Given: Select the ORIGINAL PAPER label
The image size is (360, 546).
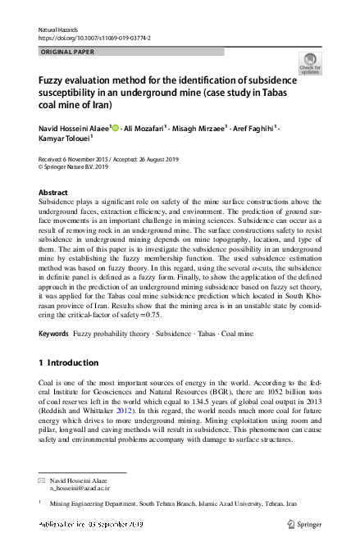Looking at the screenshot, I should (67, 51).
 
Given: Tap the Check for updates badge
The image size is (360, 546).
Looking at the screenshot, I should (311, 64).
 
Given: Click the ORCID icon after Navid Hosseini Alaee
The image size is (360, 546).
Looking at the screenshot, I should (116, 128).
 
